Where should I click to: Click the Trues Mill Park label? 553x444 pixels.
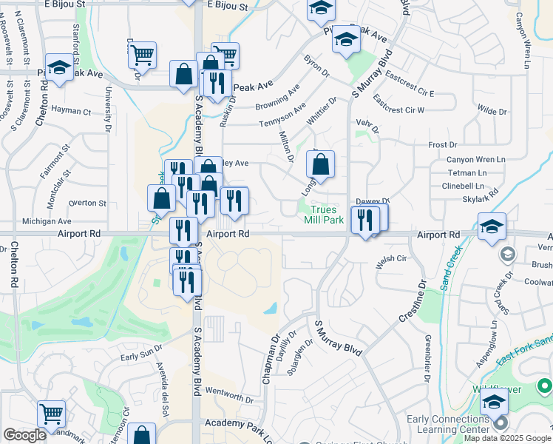click(x=324, y=215)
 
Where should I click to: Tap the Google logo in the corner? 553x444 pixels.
click(x=24, y=435)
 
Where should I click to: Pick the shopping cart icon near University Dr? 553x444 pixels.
click(x=142, y=54)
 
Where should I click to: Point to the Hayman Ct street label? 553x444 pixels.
click(x=72, y=112)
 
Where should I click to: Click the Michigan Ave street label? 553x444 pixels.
click(x=47, y=221)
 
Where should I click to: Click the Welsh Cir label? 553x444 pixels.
click(x=392, y=258)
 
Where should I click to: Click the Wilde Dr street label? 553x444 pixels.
click(x=492, y=112)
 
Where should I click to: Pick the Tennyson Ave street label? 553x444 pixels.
click(x=281, y=114)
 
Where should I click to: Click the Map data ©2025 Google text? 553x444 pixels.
click(x=508, y=438)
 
